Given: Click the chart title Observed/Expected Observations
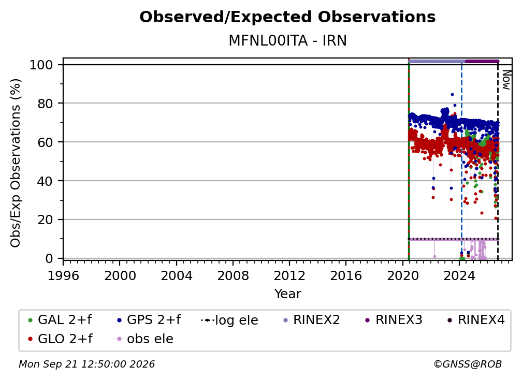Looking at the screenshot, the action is [x=287, y=17].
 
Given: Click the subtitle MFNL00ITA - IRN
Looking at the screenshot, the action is [x=287, y=40].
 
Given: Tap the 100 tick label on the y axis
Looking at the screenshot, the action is [x=41, y=65].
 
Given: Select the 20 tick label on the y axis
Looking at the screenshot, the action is [x=45, y=220].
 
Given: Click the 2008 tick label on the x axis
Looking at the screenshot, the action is [x=233, y=276].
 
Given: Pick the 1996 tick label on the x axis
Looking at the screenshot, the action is [x=63, y=276].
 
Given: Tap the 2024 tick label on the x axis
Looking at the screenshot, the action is [x=459, y=276].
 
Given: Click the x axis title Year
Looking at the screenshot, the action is [x=287, y=294].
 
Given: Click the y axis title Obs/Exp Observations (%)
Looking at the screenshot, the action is [x=16, y=163].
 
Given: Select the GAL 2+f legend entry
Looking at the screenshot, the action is [x=60, y=320].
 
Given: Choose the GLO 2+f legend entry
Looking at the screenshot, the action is [x=60, y=339].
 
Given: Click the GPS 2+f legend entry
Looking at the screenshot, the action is [x=149, y=320].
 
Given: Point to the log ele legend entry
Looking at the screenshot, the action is [x=230, y=320].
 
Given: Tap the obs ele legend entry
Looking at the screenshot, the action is [x=143, y=339].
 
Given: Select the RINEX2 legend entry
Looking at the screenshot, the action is [x=312, y=320].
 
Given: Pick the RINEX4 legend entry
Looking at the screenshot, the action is [x=476, y=320].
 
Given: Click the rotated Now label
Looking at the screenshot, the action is [x=506, y=80].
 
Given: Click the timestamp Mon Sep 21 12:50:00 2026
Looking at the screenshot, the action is [x=86, y=364].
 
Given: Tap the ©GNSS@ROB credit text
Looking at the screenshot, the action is [x=468, y=364].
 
